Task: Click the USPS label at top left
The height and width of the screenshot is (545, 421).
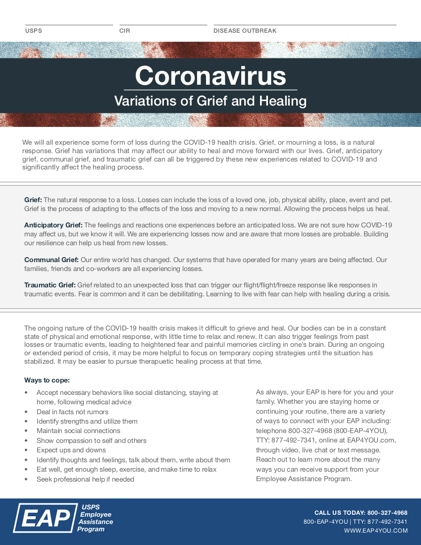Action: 34,31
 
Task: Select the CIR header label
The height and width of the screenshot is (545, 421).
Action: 124,31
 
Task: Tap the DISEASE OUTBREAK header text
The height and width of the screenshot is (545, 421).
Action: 245,31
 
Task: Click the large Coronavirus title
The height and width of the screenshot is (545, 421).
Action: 210,76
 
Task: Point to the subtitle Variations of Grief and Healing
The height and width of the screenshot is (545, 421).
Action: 210,101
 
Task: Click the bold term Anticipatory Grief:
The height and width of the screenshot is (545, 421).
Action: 53,225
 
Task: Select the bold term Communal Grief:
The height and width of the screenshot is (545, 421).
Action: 52,260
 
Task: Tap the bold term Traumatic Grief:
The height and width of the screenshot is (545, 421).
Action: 50,285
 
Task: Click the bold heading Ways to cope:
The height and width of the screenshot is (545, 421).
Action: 47,380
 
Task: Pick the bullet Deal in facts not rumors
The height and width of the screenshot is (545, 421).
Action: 72,412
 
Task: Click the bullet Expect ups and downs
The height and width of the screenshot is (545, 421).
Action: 71,450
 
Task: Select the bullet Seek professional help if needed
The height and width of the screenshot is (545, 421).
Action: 85,479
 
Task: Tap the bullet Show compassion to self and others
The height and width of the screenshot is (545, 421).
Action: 92,440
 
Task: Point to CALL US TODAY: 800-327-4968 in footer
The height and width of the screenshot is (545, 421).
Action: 361,513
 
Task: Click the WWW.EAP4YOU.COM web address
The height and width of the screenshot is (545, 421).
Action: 376,531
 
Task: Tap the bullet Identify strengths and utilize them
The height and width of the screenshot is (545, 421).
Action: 87,421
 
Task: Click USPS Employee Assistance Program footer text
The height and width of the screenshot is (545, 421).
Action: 95,518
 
